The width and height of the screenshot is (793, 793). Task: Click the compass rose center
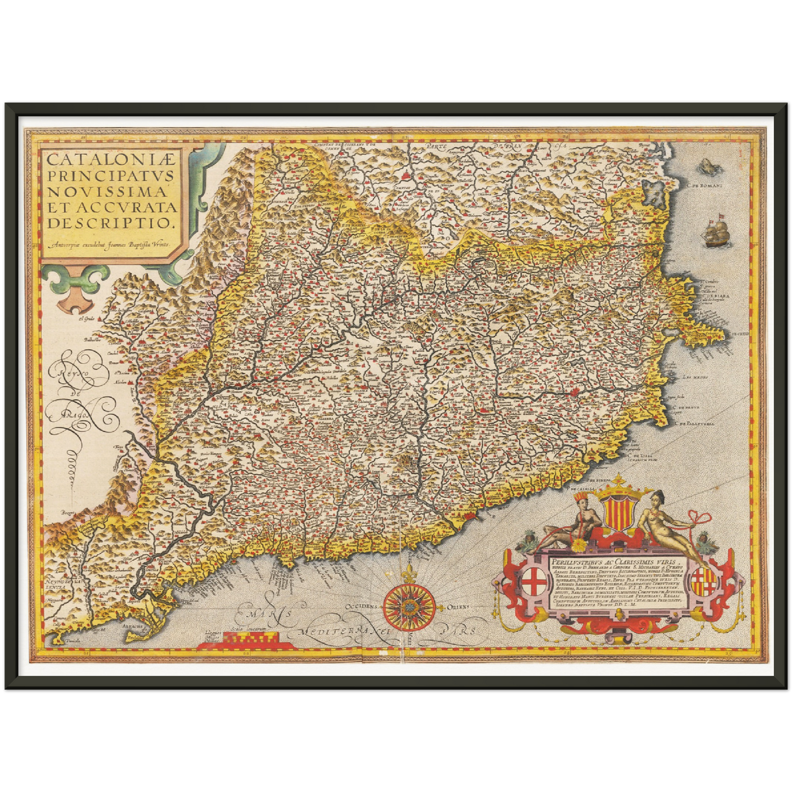[409, 606]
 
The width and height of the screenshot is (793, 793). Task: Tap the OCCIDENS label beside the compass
[362, 607]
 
